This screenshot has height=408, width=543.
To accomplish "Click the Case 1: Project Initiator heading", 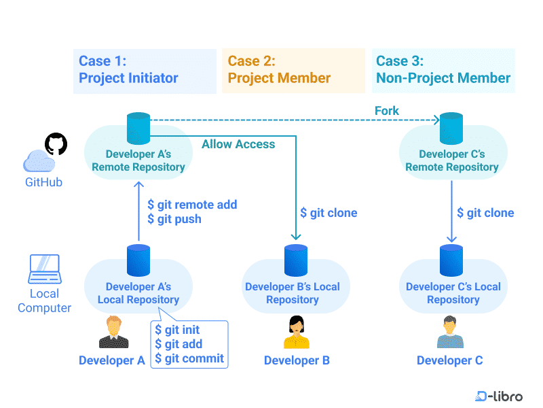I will point(129,69).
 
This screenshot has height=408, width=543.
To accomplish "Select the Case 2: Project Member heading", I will point(279,69).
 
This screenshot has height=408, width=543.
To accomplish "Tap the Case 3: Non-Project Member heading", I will point(443,69).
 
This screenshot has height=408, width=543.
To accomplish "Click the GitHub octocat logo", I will point(56,144).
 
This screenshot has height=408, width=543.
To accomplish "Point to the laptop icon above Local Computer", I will point(45,269).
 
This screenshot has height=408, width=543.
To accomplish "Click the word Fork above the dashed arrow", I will point(387,110).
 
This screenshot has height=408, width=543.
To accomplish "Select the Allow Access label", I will point(238,144).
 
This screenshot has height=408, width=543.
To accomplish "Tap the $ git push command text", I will point(174,219).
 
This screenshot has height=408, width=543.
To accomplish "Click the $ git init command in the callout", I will point(177,330).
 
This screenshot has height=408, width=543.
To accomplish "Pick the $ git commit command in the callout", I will point(189,358).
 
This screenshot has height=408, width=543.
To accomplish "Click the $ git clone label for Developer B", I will point(329,213).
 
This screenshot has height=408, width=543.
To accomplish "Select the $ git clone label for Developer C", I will point(485,213).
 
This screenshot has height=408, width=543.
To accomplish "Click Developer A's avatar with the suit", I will point(113,333).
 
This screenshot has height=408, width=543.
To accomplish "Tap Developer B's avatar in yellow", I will point(297,333).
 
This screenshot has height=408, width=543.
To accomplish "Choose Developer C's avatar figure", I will point(450,333).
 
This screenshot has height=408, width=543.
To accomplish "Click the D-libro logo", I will point(499,396).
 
